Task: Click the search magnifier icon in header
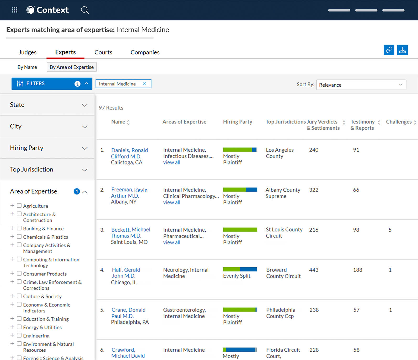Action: click(85, 10)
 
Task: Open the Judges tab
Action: click(28, 52)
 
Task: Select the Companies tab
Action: click(145, 52)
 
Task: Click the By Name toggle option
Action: click(27, 67)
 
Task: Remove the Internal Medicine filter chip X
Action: click(144, 84)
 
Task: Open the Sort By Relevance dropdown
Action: click(361, 85)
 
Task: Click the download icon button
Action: click(402, 50)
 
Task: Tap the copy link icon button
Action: click(389, 50)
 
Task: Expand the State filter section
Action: click(47, 105)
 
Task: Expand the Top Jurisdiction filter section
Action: click(47, 170)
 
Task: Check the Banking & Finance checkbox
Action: click(19, 228)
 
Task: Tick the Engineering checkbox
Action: click(19, 335)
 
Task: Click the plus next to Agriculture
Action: click(12, 206)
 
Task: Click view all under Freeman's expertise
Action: click(172, 202)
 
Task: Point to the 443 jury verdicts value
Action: click(314, 270)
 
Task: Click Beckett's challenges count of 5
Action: click(390, 230)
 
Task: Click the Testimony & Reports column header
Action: click(363, 125)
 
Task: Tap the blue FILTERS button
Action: click(52, 84)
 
